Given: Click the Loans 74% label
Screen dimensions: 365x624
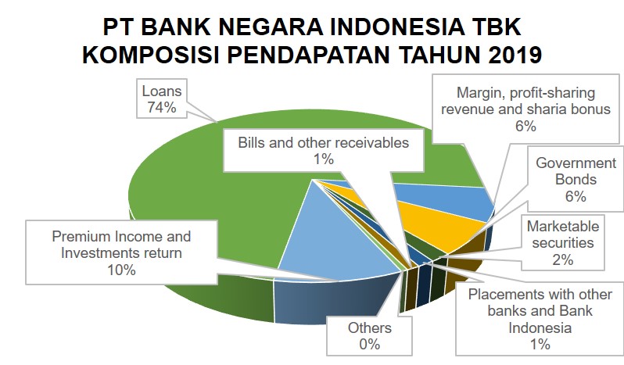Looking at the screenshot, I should (161, 98).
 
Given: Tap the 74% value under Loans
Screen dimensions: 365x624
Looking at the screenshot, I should (161, 107).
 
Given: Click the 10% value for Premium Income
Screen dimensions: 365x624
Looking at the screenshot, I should (121, 270).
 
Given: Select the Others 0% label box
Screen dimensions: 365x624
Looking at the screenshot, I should (370, 335).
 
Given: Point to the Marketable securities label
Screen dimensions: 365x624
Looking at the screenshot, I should (563, 234).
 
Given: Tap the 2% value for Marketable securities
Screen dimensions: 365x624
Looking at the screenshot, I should (563, 260).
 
